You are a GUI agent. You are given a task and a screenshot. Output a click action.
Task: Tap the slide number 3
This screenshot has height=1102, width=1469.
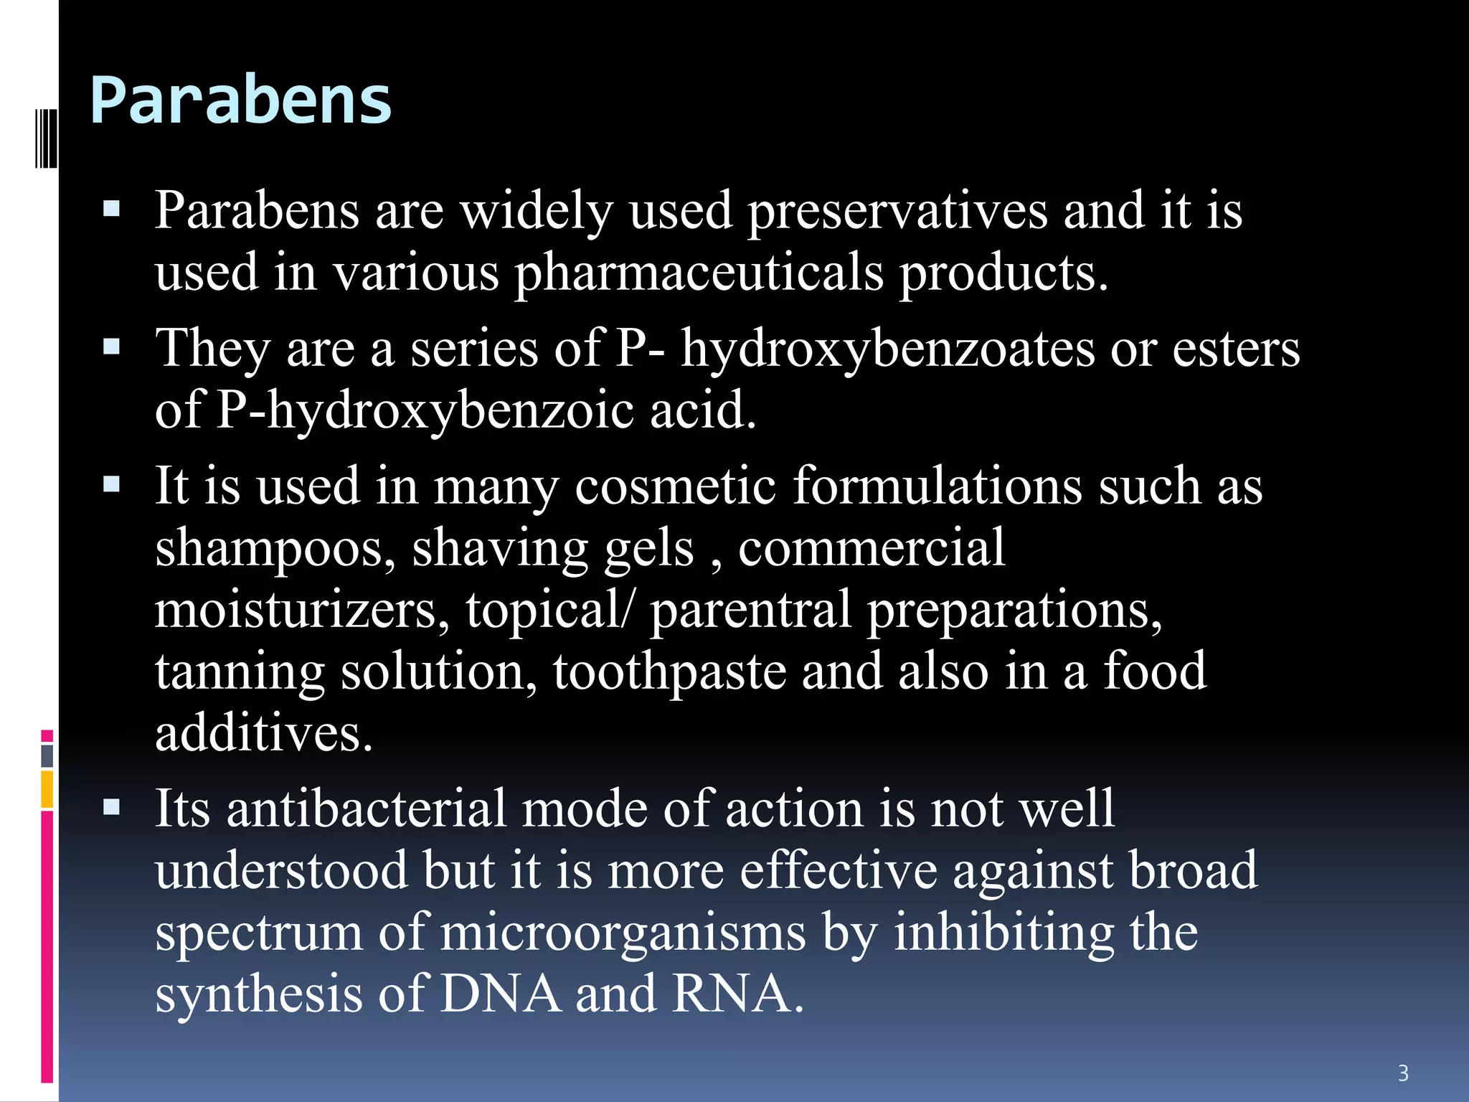(x=1404, y=1073)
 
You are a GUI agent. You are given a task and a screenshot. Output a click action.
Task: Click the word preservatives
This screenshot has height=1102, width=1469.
(x=897, y=212)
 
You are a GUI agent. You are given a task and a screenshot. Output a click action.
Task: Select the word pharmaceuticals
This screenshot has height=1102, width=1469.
(x=699, y=273)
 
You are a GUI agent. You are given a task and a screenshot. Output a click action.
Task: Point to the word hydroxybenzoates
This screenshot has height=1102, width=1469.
(x=888, y=349)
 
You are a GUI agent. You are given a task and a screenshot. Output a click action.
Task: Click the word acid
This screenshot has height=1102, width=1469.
(x=702, y=411)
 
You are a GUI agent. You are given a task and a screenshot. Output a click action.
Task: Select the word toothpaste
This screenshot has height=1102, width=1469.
(x=669, y=672)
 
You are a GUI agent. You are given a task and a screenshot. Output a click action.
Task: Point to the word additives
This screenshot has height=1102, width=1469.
(x=264, y=733)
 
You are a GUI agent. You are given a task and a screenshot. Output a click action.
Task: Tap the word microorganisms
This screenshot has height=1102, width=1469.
(x=623, y=933)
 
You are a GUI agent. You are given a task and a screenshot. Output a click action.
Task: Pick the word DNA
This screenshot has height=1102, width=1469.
(x=500, y=994)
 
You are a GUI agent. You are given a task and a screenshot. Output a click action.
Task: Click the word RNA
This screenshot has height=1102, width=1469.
(x=736, y=994)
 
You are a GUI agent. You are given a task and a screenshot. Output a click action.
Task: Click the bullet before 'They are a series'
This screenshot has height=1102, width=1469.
(x=111, y=348)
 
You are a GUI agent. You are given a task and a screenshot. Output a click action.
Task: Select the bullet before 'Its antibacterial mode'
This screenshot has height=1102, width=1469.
(x=111, y=809)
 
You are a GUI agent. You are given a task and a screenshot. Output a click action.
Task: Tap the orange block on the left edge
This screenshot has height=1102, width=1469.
(x=47, y=789)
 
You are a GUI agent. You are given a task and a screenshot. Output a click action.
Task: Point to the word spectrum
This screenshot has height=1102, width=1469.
(x=259, y=933)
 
